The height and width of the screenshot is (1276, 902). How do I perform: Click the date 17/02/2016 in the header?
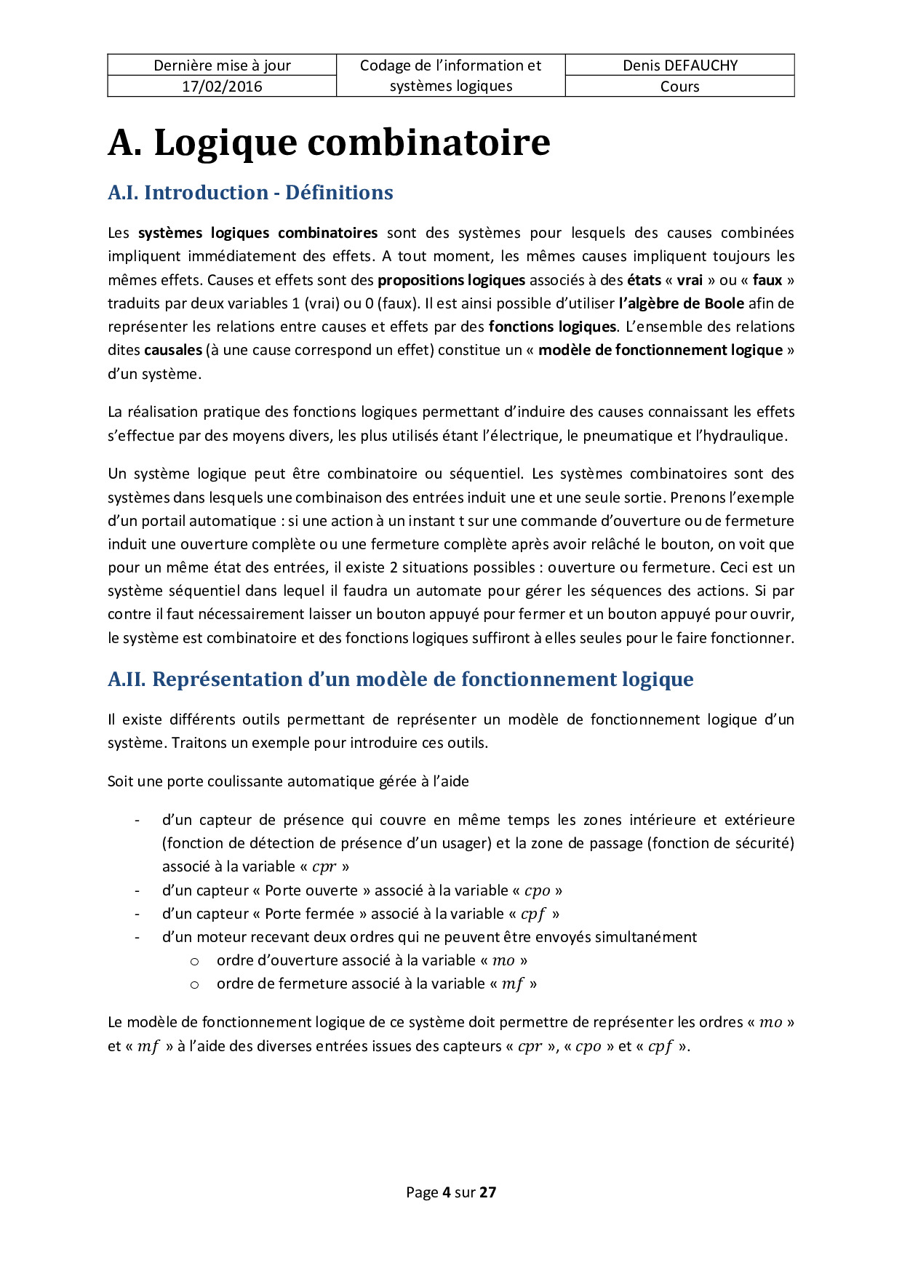222,87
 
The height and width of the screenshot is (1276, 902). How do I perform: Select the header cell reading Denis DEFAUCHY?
679,65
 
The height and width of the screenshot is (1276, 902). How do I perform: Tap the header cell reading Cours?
679,87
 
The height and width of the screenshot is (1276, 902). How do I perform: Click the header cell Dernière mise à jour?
222,65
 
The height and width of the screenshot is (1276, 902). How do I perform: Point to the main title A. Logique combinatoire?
329,143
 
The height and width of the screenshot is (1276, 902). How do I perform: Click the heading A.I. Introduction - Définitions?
250,193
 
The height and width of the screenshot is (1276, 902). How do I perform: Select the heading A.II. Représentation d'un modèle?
400,679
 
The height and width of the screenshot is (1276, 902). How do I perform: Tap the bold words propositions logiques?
451,280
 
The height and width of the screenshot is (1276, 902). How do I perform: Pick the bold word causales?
173,350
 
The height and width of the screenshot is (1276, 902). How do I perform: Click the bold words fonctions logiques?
552,327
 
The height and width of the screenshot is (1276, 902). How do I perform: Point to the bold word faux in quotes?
767,280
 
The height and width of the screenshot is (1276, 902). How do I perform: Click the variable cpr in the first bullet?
324,867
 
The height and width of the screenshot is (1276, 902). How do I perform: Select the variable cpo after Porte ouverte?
537,891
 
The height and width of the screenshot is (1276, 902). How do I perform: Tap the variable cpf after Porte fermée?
532,914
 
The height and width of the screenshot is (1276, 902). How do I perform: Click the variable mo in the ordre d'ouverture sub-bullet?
503,961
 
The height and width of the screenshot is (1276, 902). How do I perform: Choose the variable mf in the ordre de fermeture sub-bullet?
512,984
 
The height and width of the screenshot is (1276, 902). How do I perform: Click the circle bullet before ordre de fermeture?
194,985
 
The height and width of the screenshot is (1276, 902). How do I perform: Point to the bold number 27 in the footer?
487,1192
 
